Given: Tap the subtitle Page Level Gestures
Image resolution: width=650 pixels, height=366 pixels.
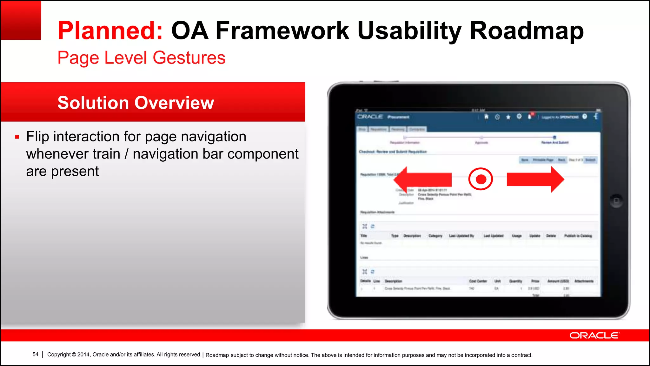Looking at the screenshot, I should coord(141,58).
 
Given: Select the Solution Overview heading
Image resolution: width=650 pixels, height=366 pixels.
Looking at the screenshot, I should coord(136,103).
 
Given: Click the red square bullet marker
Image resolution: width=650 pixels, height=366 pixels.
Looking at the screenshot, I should coord(17,137).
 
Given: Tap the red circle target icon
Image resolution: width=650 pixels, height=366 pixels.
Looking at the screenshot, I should coord(481,179).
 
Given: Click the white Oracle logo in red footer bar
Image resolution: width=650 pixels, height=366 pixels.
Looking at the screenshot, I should coord(594,335).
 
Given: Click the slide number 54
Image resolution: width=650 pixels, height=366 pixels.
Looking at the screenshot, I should coord(35,354).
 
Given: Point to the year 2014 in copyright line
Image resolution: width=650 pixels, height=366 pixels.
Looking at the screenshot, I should coord(83,355).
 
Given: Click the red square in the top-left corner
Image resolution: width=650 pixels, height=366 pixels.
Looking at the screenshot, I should coord(21,20).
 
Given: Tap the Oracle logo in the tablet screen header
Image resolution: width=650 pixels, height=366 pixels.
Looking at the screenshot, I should coord(370,117).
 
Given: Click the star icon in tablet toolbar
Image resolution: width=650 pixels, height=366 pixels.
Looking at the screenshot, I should coord(508,117).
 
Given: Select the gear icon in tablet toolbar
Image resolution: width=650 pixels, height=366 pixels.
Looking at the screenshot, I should coord(519,116).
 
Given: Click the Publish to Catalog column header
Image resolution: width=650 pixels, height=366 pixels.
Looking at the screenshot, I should coord(578,236).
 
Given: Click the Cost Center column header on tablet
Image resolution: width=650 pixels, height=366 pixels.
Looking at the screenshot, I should coord(478,281).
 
